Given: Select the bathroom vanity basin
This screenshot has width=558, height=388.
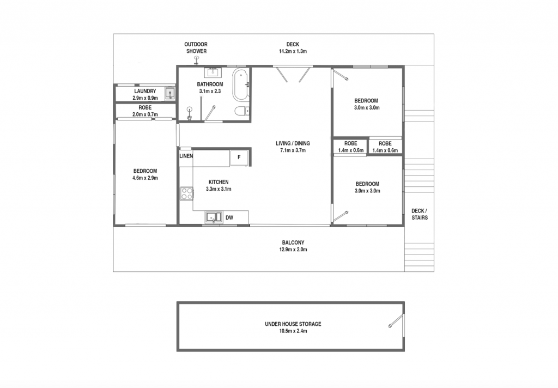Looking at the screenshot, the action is pos(213,72).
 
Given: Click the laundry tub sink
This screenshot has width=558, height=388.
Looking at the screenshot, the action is pos(170,94).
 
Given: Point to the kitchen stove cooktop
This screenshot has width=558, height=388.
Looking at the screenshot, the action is pos(186,194).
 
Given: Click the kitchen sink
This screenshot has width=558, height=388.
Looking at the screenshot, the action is pos(213,217).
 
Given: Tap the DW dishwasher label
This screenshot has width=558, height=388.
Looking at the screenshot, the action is pos(229,217).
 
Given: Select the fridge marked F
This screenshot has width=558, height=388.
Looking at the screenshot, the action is pos(239,157).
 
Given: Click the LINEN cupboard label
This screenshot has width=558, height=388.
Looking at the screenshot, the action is pos(186,156).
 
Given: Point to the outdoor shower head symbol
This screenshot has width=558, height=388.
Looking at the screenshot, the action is pos(196,59).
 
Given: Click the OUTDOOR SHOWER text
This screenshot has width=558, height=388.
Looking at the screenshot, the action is pos(196,48).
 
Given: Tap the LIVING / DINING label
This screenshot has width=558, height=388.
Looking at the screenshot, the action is pos(293,143).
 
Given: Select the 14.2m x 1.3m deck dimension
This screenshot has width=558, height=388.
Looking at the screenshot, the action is pos(293,51).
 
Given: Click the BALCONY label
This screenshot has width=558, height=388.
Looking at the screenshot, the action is pos(293,242).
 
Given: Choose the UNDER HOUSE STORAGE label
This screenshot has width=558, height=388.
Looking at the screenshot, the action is pos(293,324).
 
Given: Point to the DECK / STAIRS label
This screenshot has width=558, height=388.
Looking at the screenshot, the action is pos(420,214).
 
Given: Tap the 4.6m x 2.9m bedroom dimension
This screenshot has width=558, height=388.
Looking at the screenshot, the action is pos(145,178).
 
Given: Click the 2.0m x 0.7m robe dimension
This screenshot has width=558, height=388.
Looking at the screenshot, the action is pos(145,114).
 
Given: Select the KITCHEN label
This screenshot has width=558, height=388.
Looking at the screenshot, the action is pos(219,182).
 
